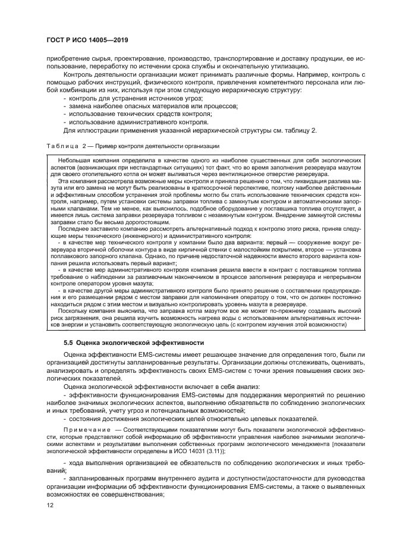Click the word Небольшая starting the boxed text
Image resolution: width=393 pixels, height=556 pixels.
coord(67,161)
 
